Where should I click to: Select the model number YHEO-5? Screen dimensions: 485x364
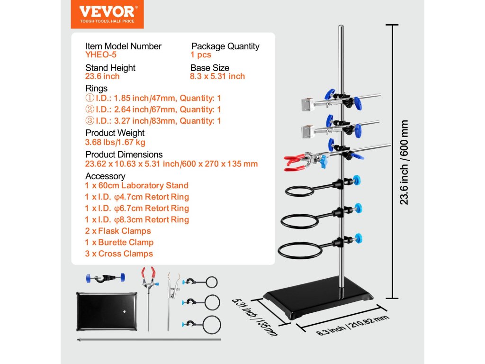tap(100, 55)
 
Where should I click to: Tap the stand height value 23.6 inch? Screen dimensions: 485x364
tap(102, 76)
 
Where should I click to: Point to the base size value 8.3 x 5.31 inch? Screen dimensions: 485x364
tap(217, 76)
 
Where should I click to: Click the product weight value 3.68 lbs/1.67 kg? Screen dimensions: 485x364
tap(115, 142)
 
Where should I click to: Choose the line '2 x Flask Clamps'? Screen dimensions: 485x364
tap(118, 231)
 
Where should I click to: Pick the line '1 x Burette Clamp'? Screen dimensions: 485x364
tap(119, 242)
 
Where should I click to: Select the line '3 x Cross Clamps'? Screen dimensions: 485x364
tap(119, 254)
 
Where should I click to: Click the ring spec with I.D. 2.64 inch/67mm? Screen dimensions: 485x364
tap(153, 109)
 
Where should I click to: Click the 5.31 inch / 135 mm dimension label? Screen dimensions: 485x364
tap(255, 317)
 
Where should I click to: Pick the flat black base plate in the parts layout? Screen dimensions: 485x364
tap(107, 311)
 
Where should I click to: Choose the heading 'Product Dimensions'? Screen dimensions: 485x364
tap(124, 155)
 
